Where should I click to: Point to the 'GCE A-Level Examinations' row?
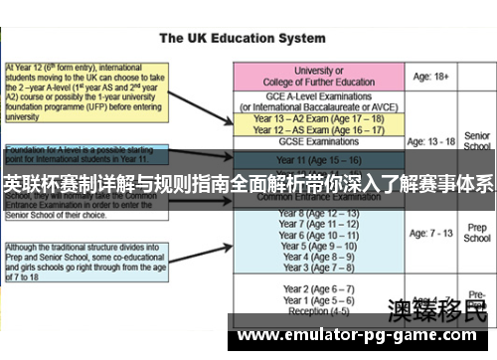[x=319, y=101]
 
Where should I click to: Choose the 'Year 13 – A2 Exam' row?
[x=319, y=117]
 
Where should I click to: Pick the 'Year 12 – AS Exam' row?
[x=319, y=129]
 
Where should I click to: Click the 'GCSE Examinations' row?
[x=319, y=142]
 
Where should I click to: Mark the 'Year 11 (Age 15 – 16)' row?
[x=319, y=159]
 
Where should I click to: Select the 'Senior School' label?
[x=478, y=140]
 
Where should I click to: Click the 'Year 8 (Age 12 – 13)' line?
[x=319, y=214]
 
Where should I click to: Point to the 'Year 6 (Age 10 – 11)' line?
[x=319, y=236]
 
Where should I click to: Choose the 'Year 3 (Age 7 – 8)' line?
[x=319, y=268]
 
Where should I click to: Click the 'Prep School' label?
[x=477, y=233]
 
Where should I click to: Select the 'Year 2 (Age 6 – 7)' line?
[x=319, y=288]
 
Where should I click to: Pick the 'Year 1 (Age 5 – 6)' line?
[x=319, y=299]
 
